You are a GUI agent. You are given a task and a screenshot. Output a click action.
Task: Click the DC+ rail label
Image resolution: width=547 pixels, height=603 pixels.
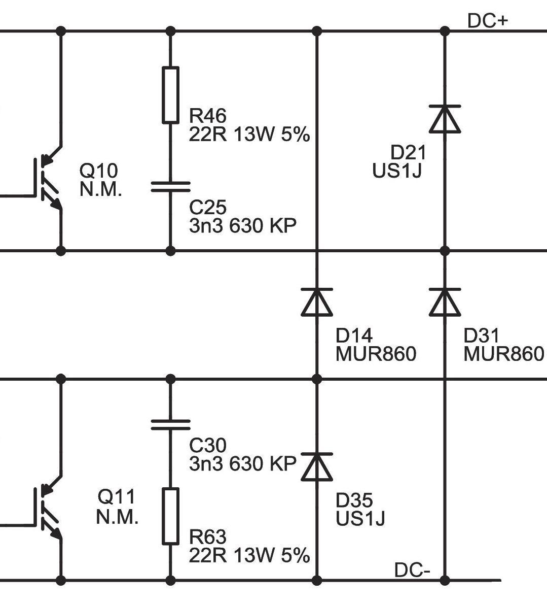pyautogui.click(x=487, y=21)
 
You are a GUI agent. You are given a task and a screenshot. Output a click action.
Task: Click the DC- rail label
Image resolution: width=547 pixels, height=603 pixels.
pyautogui.click(x=412, y=570)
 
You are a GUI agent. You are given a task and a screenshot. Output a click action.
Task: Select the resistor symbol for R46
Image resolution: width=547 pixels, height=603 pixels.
pyautogui.click(x=170, y=95)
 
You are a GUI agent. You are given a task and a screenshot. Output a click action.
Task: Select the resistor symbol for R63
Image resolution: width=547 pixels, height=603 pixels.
pyautogui.click(x=170, y=516)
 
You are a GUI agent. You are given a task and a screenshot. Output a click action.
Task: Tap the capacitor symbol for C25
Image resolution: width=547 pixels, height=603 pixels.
pyautogui.click(x=170, y=187)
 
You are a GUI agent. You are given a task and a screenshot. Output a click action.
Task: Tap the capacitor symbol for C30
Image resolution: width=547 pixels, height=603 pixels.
pyautogui.click(x=170, y=424)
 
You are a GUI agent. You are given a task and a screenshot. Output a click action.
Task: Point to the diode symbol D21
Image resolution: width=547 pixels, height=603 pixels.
pyautogui.click(x=445, y=119)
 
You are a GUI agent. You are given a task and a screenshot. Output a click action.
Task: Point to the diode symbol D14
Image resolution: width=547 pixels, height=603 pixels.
pyautogui.click(x=317, y=301)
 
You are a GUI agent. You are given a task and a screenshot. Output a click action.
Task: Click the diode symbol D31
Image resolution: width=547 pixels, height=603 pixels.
pyautogui.click(x=445, y=301)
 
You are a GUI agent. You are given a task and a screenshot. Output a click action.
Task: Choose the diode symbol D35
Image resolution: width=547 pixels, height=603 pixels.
pyautogui.click(x=317, y=466)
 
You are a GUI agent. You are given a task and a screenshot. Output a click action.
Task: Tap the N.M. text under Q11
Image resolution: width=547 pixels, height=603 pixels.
pyautogui.click(x=117, y=517)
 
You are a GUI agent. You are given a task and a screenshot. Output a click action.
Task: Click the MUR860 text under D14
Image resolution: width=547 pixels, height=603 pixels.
pyautogui.click(x=376, y=354)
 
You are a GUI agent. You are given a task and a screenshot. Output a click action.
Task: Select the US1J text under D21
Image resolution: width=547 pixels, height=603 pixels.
pyautogui.click(x=397, y=171)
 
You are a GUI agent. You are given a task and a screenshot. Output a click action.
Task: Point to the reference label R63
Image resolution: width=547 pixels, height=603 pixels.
pyautogui.click(x=207, y=537)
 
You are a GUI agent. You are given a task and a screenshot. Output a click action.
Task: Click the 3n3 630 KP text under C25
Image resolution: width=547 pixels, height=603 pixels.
pyautogui.click(x=242, y=225)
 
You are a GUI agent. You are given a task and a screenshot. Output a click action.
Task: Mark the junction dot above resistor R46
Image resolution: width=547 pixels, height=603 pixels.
pyautogui.click(x=170, y=31)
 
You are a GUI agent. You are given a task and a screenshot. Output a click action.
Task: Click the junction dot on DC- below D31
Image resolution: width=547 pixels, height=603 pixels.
pyautogui.click(x=445, y=580)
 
